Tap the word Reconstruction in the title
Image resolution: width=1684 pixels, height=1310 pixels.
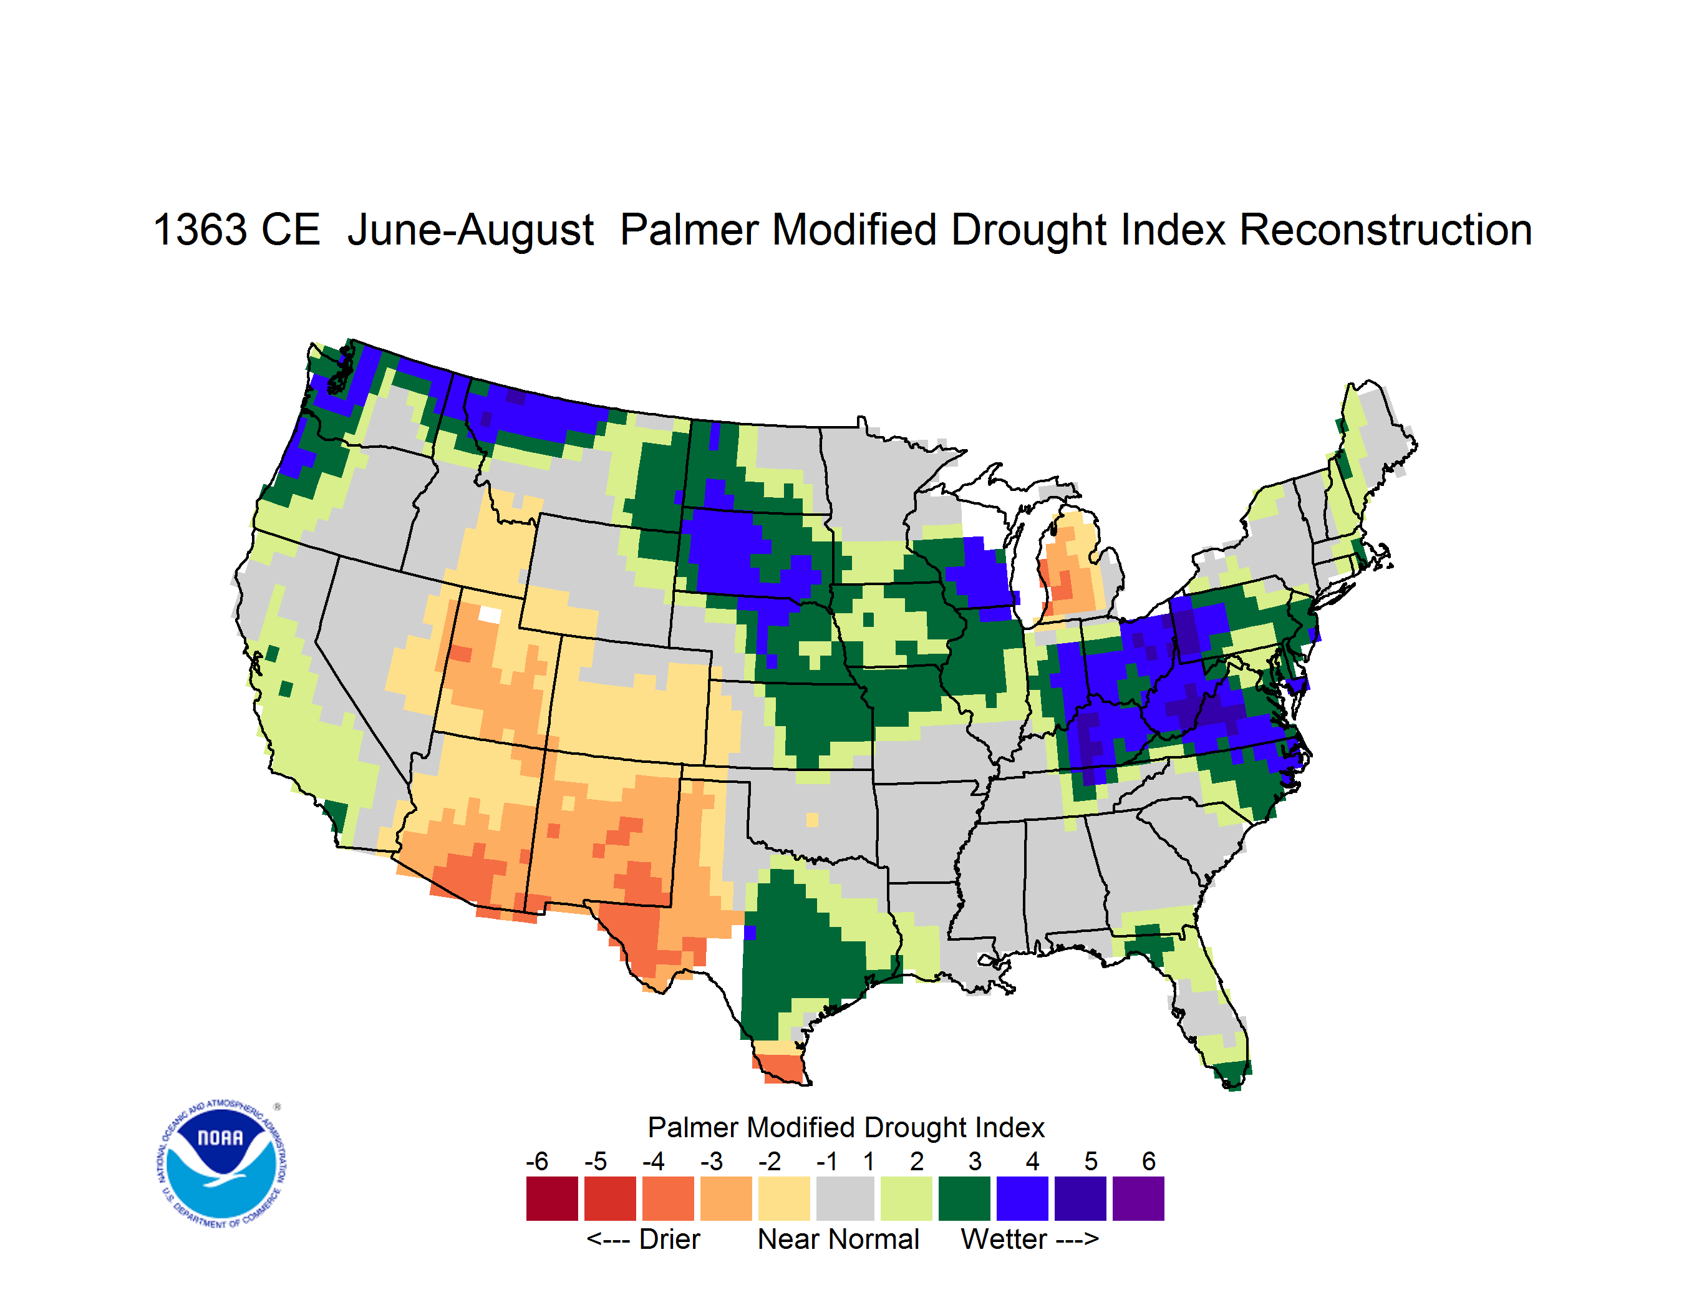1386,230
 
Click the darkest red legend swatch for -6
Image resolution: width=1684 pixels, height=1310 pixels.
552,1198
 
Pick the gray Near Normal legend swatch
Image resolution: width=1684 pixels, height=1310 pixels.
845,1198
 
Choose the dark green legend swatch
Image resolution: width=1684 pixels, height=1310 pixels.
964,1198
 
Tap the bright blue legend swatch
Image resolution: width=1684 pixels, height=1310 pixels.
1022,1198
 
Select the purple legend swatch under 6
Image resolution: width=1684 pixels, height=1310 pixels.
1138,1198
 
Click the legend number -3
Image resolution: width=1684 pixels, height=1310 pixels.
711,1161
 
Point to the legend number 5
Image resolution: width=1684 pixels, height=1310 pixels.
1091,1161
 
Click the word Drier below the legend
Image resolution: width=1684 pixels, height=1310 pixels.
669,1239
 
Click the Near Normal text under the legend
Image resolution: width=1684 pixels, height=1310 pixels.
838,1239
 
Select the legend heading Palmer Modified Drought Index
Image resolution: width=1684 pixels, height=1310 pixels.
846,1127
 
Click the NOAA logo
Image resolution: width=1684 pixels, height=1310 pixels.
221,1164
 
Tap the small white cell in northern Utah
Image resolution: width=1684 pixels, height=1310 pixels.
490,614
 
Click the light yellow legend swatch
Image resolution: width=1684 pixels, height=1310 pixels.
784,1198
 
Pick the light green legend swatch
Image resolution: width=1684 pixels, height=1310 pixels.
906,1198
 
